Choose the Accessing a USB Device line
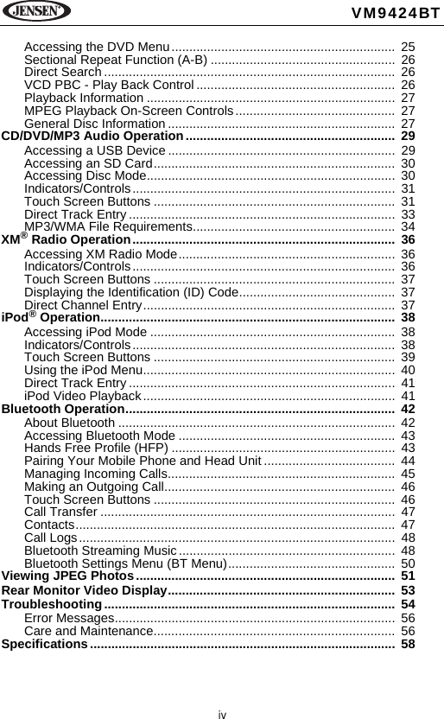pyautogui.click(x=95, y=151)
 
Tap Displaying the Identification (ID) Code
pyautogui.click(x=131, y=292)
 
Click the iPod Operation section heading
pyautogui.click(x=51, y=318)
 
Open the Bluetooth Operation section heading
pyautogui.click(x=63, y=409)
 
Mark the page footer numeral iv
pyautogui.click(x=222, y=714)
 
